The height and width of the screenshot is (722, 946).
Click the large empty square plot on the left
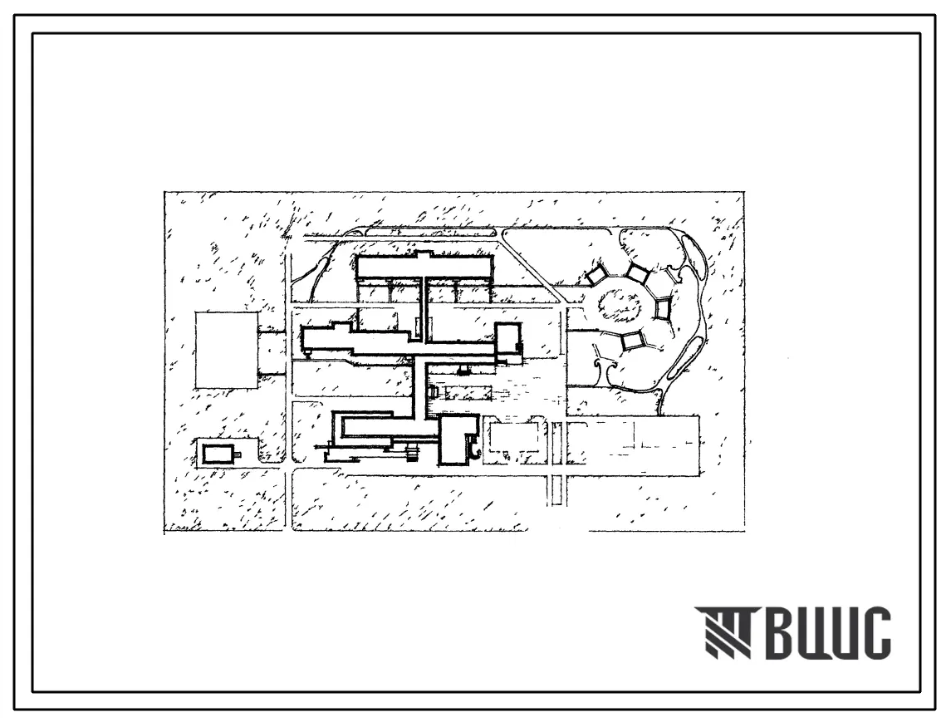(x=226, y=350)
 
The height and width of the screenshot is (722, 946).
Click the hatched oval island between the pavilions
(x=620, y=303)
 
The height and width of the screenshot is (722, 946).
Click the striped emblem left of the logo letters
(x=723, y=631)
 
